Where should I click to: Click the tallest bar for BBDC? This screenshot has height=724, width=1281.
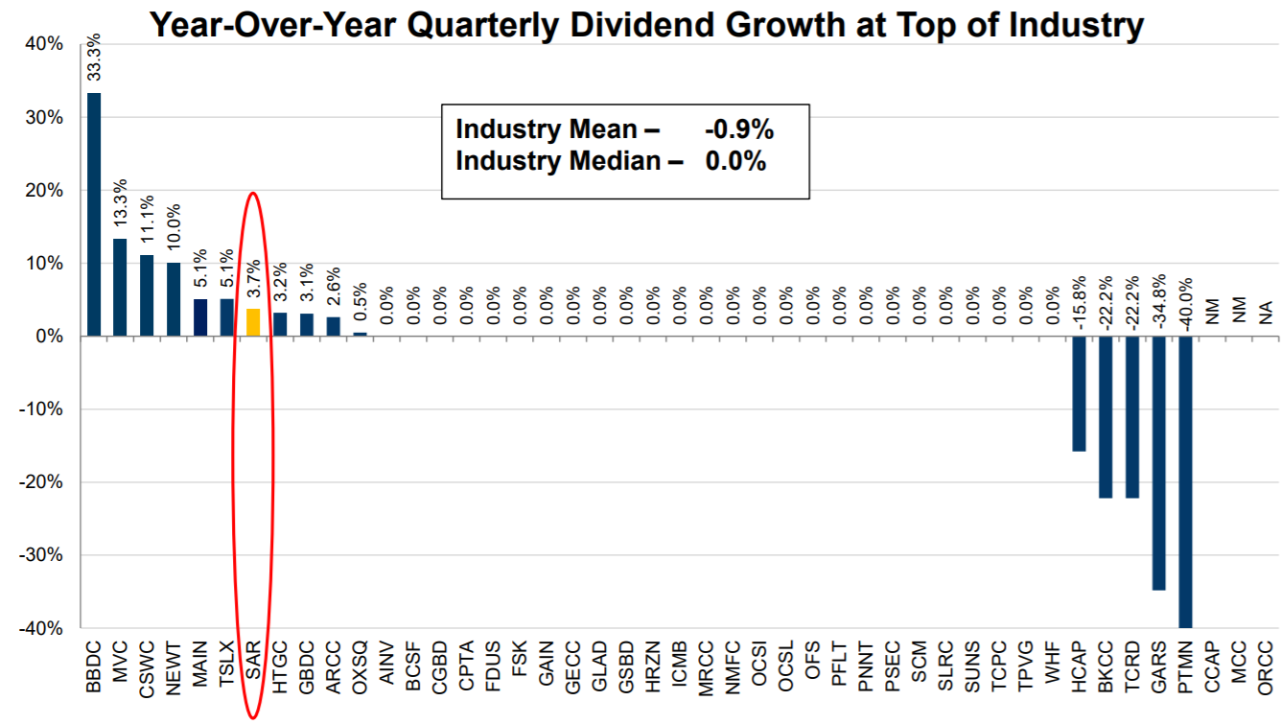coord(94,215)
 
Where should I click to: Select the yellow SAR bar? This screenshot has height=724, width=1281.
coord(253,322)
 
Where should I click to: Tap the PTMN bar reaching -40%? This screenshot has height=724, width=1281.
coord(1185,482)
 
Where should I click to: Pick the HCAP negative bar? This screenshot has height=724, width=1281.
coord(1079,393)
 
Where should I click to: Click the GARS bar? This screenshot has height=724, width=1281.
coord(1158,463)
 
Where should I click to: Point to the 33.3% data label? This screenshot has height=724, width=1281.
coord(94,58)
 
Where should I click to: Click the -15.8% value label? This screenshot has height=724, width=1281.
coord(1079,303)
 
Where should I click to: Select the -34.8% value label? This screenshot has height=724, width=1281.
coord(1158,302)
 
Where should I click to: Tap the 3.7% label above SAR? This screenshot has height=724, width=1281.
coord(253,278)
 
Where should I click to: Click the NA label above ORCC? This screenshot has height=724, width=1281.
coord(1265,313)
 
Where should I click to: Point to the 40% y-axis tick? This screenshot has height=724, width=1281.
coord(44,44)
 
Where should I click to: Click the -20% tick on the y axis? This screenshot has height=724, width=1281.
coord(40,482)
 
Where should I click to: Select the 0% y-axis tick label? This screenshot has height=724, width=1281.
coord(49,337)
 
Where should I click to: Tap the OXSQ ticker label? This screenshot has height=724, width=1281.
coord(360,667)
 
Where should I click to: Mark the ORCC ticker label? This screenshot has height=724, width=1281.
coord(1265,667)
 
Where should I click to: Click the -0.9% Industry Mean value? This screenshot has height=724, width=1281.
coord(739,129)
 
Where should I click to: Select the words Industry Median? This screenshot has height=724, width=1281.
coord(558,161)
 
